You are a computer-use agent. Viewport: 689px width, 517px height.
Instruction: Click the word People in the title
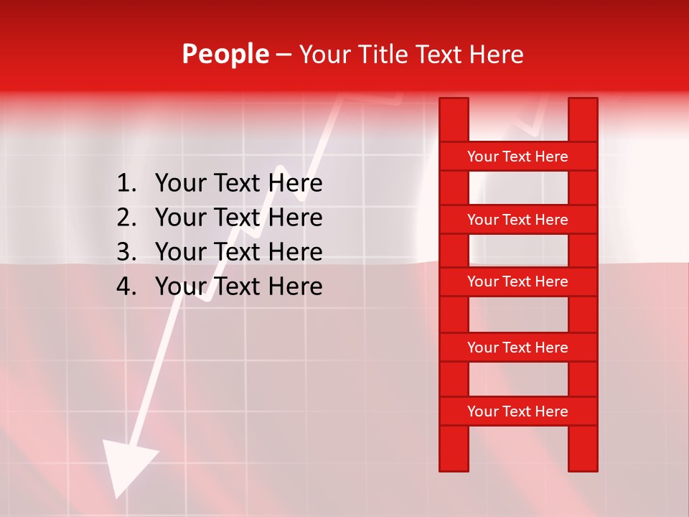click(225, 54)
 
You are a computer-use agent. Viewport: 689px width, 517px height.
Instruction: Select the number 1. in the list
click(126, 184)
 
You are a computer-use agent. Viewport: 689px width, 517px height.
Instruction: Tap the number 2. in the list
click(126, 218)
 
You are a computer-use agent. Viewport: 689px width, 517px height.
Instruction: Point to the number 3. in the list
click(126, 252)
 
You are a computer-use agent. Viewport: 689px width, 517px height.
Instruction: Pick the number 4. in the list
click(126, 287)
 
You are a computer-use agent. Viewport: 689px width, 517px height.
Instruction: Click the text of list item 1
click(238, 184)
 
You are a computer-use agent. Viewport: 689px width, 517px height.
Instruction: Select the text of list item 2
click(238, 218)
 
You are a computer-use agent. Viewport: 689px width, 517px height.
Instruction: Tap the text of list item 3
click(238, 252)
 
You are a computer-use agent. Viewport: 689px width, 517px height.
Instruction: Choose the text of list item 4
click(238, 287)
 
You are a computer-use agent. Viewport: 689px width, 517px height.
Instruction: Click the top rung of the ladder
click(517, 157)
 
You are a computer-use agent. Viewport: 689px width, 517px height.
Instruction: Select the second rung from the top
click(517, 220)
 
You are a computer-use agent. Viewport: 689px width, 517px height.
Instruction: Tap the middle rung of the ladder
click(517, 281)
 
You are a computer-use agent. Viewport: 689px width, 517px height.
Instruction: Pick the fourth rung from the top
click(517, 348)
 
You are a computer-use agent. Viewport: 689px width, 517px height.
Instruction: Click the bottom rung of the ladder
click(517, 411)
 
